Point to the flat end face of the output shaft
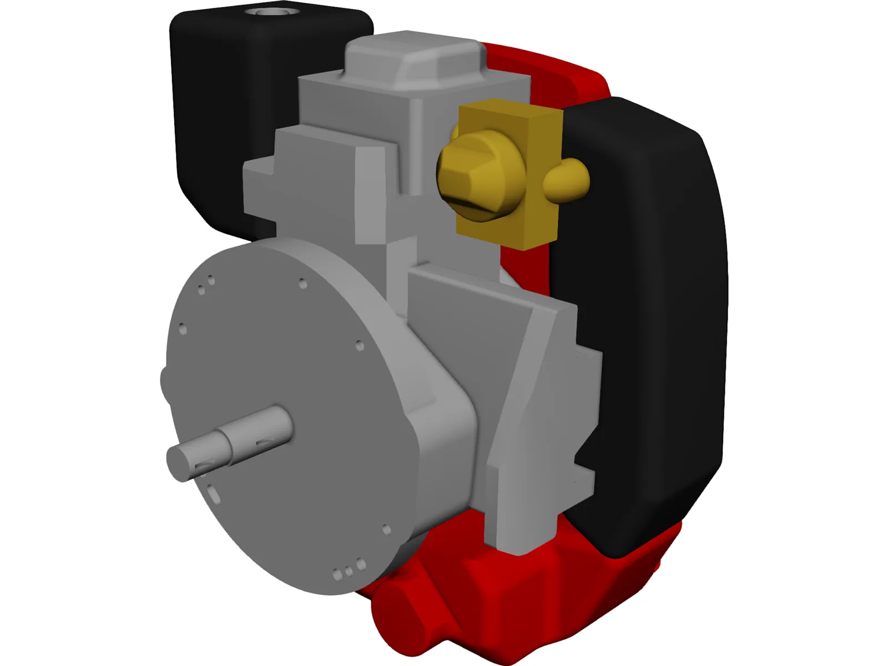tap(179, 464)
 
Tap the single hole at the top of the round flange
tap(302, 284)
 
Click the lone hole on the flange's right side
tap(360, 346)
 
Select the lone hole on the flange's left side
tap(182, 329)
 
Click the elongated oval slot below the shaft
tap(213, 493)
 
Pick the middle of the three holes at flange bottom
tap(349, 571)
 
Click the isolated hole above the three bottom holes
tap(387, 530)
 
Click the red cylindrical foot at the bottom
tap(400, 616)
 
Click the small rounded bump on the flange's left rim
tap(164, 383)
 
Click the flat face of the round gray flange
tap(289, 361)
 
